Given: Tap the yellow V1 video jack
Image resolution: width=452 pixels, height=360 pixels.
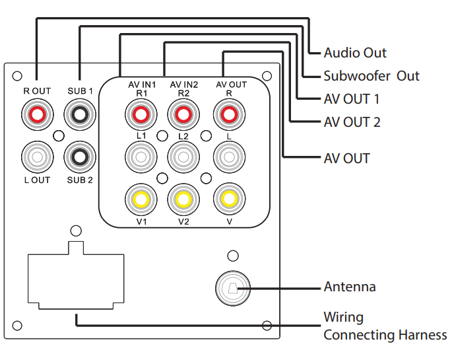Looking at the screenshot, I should [x=141, y=198].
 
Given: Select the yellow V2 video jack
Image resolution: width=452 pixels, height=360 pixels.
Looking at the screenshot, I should [x=184, y=198].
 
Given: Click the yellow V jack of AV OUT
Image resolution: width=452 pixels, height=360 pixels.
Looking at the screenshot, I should [x=228, y=198].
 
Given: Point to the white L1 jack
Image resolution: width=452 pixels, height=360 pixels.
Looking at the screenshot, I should [x=141, y=157].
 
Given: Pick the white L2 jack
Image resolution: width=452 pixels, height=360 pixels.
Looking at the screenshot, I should [x=184, y=157].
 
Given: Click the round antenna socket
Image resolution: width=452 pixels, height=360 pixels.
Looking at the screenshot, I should [x=232, y=288].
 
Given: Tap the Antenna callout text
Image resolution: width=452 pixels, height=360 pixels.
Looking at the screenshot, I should [x=349, y=287].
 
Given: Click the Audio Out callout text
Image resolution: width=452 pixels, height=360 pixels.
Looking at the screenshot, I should [x=355, y=53].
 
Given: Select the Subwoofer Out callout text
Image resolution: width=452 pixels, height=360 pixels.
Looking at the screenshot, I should [x=371, y=76].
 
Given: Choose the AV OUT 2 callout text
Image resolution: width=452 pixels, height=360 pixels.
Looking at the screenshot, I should [x=352, y=122].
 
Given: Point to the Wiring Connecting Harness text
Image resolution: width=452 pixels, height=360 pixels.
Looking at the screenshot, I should [x=384, y=326].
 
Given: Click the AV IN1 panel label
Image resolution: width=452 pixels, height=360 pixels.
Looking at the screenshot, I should [x=141, y=85].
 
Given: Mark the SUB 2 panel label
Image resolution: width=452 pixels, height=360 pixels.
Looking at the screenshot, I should [x=80, y=180].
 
